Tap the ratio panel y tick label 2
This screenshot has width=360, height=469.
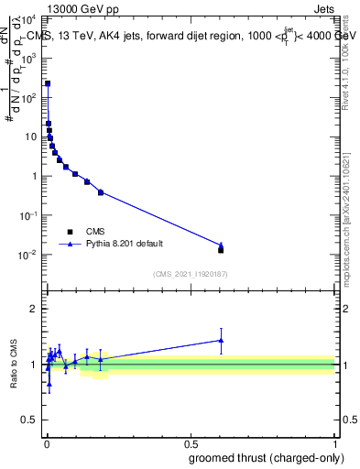pos(35,309)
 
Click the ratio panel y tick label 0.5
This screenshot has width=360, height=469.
pos(31,421)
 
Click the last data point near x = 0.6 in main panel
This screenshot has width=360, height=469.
pos(221,248)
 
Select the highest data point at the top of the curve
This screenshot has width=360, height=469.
pos(48,83)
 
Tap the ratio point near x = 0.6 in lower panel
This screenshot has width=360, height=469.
pos(221,340)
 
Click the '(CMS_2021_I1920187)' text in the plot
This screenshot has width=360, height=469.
pos(191,273)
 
